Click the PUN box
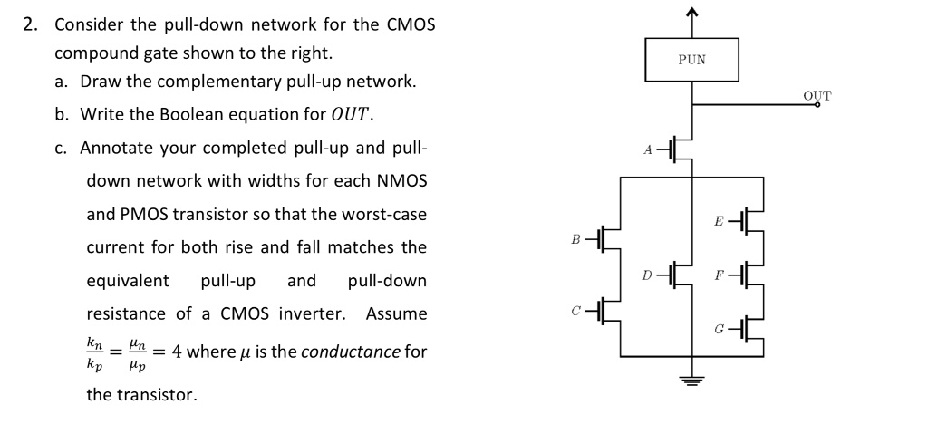(x=691, y=59)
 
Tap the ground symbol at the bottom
(x=692, y=382)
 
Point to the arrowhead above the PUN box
(x=692, y=12)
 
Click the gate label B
(x=575, y=238)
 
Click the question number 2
(x=30, y=24)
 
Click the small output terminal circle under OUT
(x=817, y=105)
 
